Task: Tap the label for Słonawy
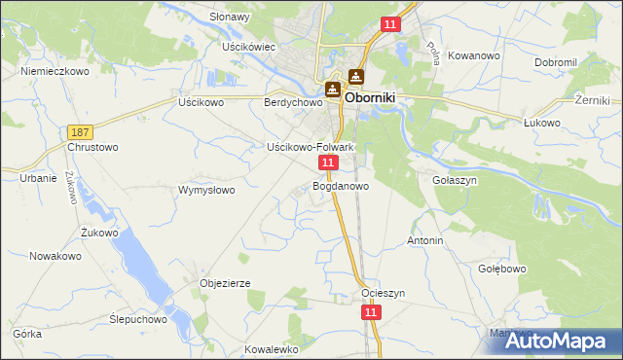(230, 18)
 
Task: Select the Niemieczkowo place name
(55, 72)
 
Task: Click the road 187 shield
(80, 130)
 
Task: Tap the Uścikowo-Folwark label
(310, 147)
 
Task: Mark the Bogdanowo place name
(341, 186)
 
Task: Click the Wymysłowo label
(206, 190)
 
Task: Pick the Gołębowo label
(502, 269)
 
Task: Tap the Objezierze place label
(225, 283)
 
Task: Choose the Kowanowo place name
(474, 56)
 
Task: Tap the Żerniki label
(592, 100)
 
